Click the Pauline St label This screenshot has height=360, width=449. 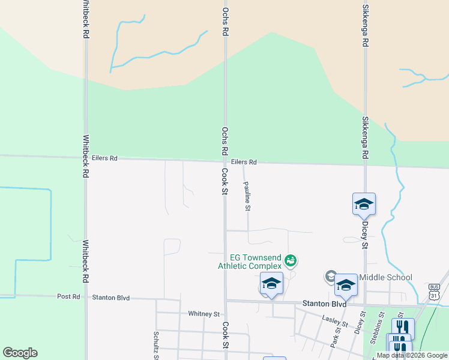pyautogui.click(x=247, y=197)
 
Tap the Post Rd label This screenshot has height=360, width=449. pyautogui.click(x=68, y=296)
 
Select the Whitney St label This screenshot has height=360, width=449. pyautogui.click(x=203, y=313)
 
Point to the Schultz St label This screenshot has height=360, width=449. pyautogui.click(x=155, y=345)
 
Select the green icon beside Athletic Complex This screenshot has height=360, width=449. pyautogui.click(x=291, y=260)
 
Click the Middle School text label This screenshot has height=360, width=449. pyautogui.click(x=385, y=277)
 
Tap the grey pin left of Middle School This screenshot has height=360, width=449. pyautogui.click(x=330, y=277)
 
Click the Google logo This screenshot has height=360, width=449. pyautogui.click(x=20, y=353)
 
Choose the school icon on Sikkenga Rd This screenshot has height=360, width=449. pyautogui.click(x=364, y=205)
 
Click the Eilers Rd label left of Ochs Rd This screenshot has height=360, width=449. pyautogui.click(x=105, y=158)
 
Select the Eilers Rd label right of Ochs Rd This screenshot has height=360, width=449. pyautogui.click(x=244, y=162)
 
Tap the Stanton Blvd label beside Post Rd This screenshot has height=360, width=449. pyautogui.click(x=111, y=297)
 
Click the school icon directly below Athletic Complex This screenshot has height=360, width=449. pyautogui.click(x=271, y=284)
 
